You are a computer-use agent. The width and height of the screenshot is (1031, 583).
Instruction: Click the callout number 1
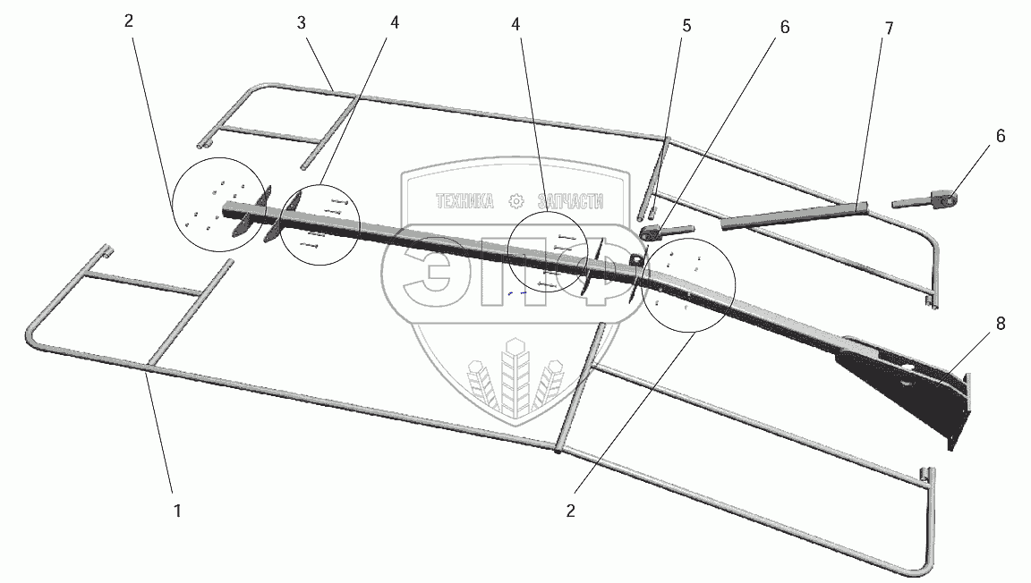click(177, 511)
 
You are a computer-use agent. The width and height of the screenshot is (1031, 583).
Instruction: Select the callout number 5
click(686, 26)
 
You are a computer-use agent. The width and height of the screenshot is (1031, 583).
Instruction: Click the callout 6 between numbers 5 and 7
click(784, 27)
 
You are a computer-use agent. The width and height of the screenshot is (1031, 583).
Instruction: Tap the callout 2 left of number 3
click(129, 21)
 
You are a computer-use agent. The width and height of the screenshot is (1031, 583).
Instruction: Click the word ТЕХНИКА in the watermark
click(464, 202)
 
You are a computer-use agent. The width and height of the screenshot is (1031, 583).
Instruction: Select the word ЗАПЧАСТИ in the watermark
click(571, 202)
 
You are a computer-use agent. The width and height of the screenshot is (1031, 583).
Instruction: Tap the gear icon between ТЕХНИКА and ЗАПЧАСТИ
click(515, 202)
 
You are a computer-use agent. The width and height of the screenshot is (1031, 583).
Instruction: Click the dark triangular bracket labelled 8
click(904, 384)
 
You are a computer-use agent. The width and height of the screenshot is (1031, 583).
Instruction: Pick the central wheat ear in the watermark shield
click(515, 376)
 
